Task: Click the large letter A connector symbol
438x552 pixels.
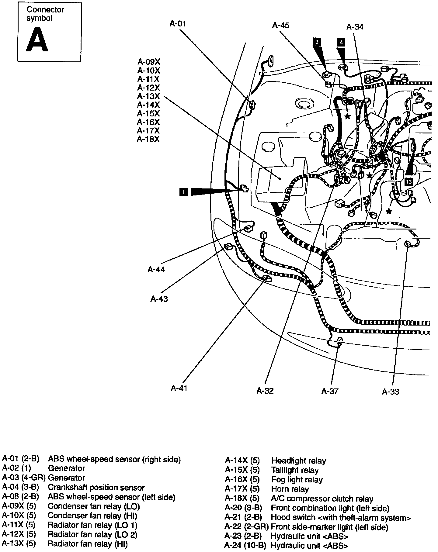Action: click(37, 40)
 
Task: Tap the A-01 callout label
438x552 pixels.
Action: click(178, 24)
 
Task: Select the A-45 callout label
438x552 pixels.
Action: click(280, 26)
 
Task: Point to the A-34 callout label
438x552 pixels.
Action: click(355, 27)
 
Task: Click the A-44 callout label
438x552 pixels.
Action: click(156, 269)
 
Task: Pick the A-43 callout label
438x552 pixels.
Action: click(159, 299)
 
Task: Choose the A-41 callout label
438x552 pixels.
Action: click(179, 388)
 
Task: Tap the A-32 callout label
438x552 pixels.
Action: click(265, 391)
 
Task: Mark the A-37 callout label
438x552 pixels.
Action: click(330, 391)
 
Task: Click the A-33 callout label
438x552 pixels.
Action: click(390, 392)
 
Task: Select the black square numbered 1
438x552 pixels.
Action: click(184, 192)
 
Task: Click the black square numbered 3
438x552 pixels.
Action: click(317, 42)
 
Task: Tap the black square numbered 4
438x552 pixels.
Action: click(341, 43)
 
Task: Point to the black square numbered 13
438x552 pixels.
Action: click(408, 182)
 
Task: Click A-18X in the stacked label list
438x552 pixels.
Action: click(148, 139)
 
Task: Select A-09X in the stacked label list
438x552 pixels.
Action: click(148, 62)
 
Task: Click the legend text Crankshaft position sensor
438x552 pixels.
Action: click(96, 488)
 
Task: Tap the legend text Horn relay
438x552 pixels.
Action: click(290, 489)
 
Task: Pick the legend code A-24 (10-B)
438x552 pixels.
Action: click(245, 546)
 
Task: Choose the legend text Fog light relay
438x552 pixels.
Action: click(297, 480)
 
